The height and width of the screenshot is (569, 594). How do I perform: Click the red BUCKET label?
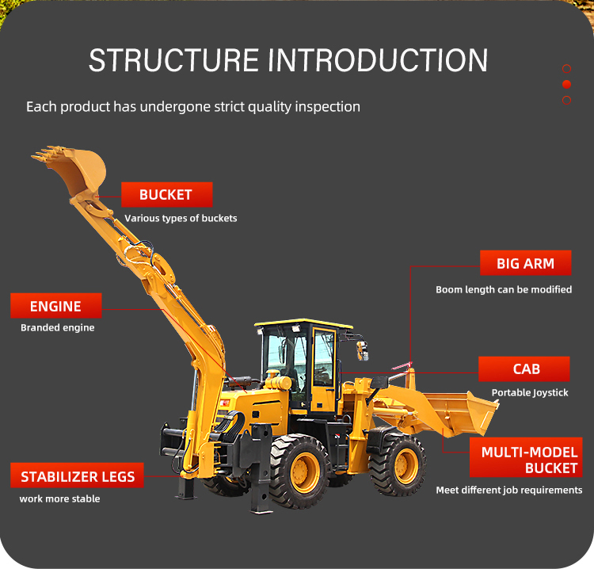[166, 195]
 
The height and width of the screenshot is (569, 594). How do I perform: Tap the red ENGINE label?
[55, 306]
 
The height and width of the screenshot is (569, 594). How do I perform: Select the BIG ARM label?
[525, 263]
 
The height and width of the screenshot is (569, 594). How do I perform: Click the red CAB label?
[525, 369]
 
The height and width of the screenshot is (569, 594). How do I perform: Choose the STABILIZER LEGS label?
[78, 476]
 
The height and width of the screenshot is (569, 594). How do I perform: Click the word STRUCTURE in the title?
[172, 61]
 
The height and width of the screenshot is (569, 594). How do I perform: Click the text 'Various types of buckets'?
[181, 218]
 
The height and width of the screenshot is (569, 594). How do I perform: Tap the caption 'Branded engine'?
[57, 327]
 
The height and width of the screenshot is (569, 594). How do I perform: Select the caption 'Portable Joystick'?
[530, 392]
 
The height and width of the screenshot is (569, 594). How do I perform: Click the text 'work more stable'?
[59, 498]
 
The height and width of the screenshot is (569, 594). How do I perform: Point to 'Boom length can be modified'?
[504, 289]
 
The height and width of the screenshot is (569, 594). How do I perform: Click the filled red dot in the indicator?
[566, 84]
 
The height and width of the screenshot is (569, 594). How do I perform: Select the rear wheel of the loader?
[299, 471]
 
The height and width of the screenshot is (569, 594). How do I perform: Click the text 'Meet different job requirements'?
[509, 490]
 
